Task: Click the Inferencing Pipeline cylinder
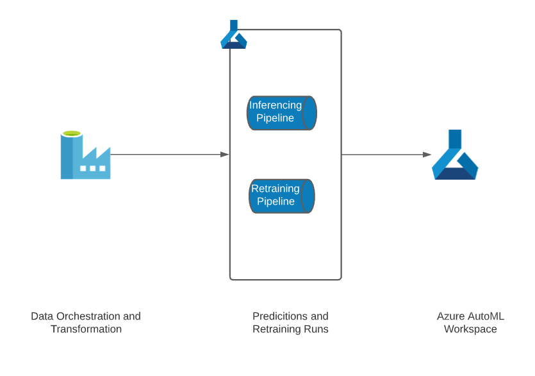click(282, 112)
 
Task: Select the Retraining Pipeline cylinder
click(282, 196)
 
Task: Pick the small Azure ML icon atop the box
click(233, 35)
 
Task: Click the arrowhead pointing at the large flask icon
click(427, 155)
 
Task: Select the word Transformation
click(86, 329)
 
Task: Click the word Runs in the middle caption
click(317, 329)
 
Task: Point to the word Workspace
click(470, 329)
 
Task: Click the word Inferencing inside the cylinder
click(276, 105)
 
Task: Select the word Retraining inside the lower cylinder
click(276, 189)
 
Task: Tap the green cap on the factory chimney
click(72, 133)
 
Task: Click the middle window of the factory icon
click(93, 169)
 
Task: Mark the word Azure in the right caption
click(450, 316)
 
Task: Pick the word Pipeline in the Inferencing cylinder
click(276, 118)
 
